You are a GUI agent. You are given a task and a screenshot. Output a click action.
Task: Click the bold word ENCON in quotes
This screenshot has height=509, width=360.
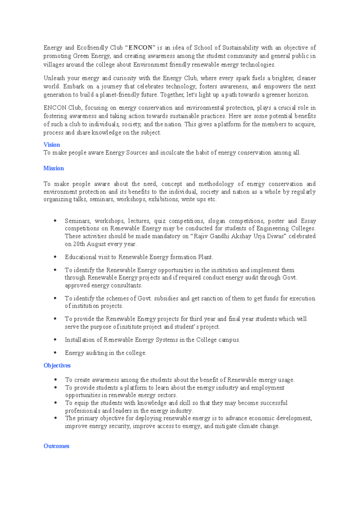(140, 48)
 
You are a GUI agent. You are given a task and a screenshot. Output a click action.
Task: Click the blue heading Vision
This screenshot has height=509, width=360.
(52, 145)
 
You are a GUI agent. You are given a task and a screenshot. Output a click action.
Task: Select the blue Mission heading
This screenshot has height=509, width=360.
(54, 168)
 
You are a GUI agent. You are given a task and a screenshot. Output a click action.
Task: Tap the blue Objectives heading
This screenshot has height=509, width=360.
(57, 366)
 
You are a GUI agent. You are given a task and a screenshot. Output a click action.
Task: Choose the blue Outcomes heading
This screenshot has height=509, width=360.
(56, 446)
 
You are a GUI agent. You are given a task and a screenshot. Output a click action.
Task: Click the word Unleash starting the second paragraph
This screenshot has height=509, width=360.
(54, 78)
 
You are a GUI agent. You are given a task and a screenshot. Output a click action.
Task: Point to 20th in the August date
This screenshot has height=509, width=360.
(79, 244)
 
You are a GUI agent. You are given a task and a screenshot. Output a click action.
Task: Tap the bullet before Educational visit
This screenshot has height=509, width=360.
(55, 257)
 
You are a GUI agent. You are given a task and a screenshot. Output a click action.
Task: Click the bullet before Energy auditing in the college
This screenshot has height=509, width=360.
(55, 353)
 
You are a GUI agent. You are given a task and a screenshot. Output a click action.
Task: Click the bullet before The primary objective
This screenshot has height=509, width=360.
(55, 418)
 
